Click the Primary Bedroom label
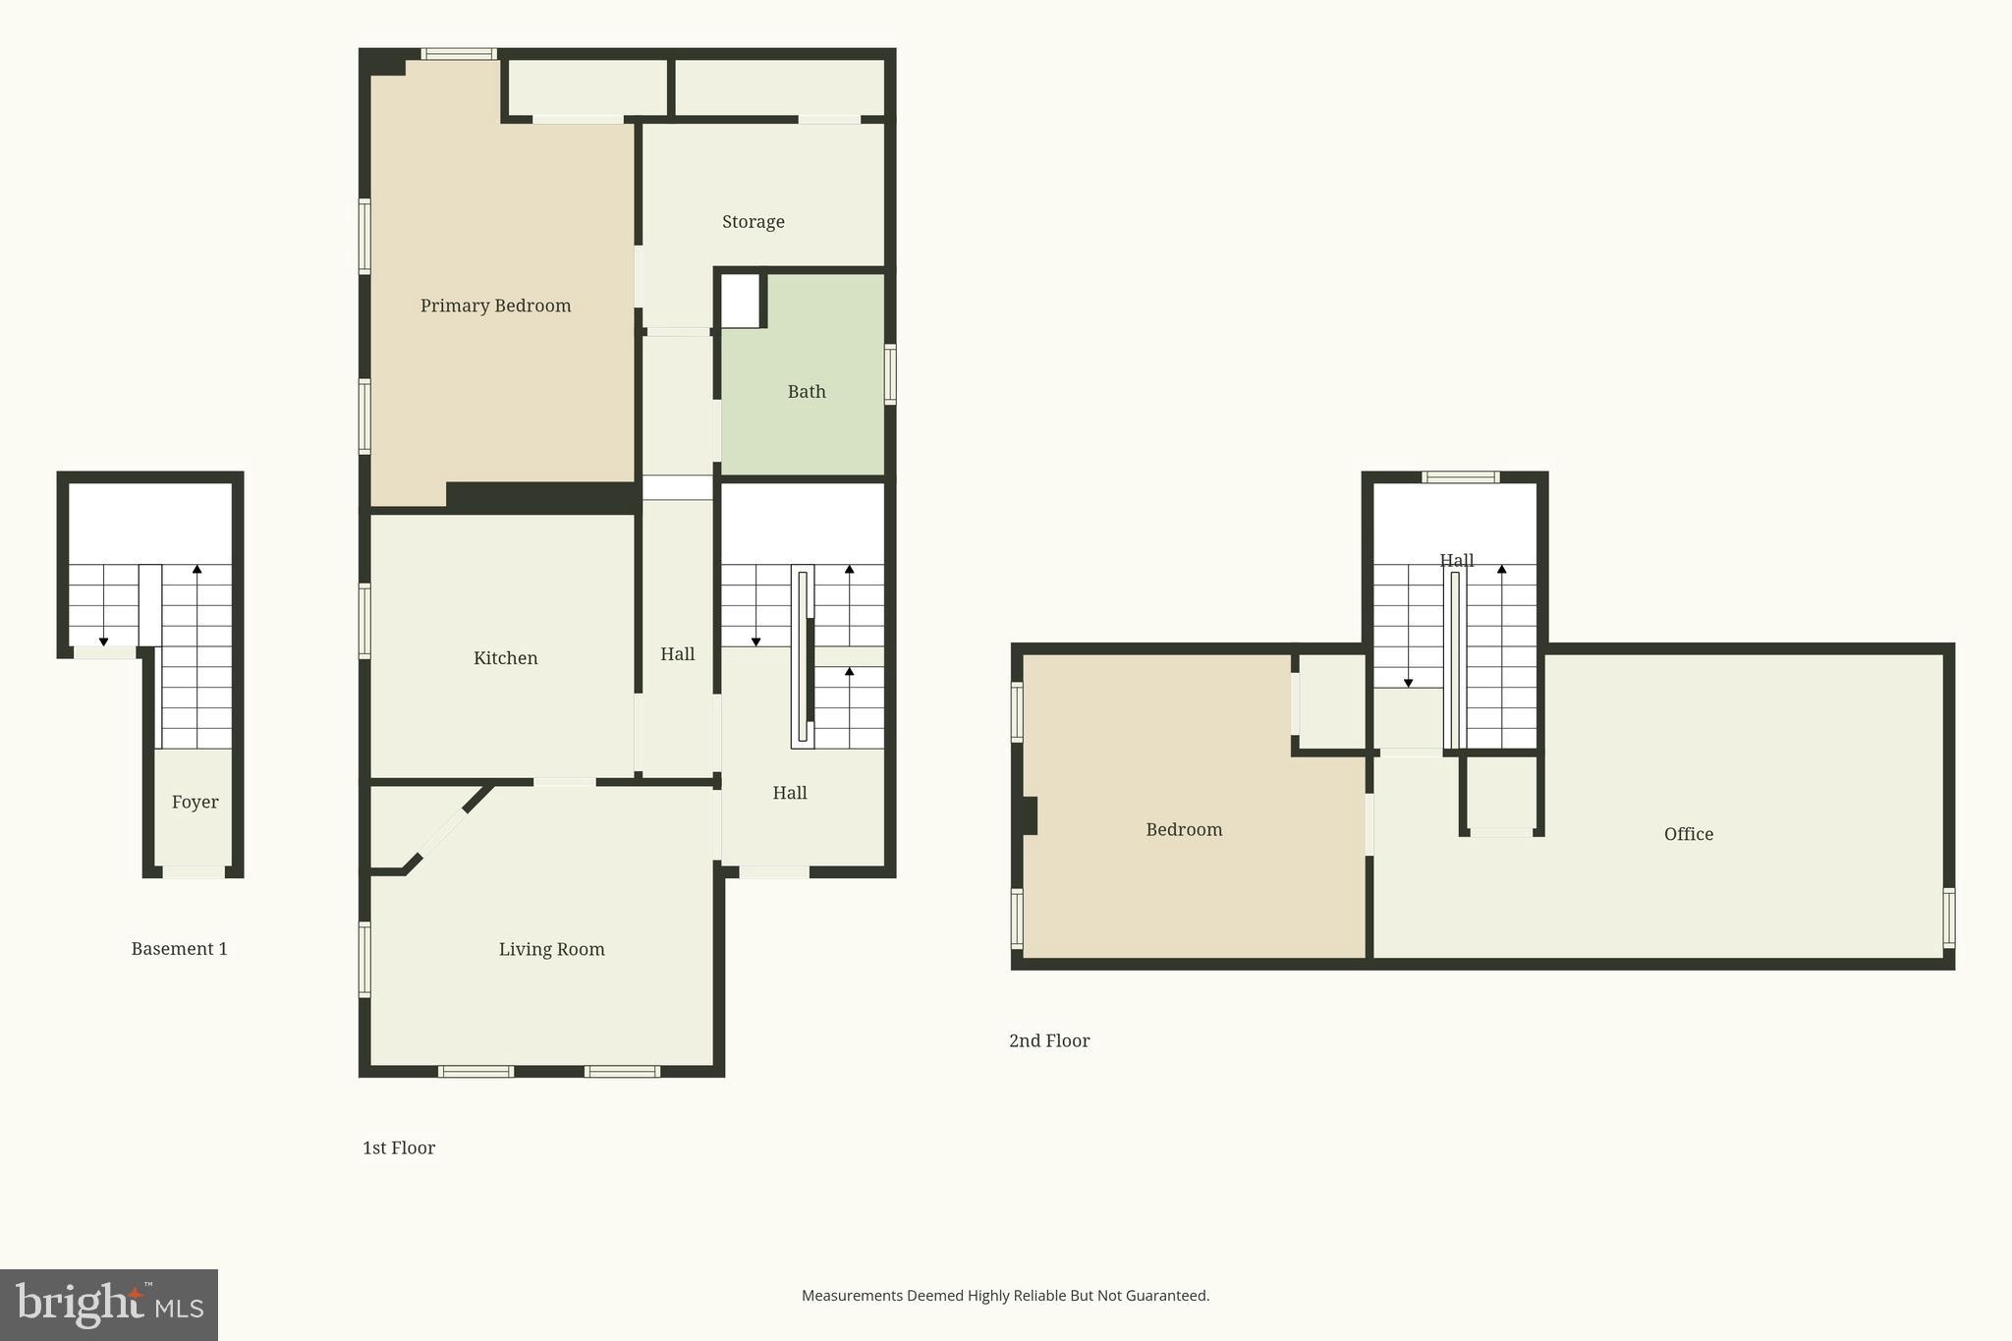pyautogui.click(x=495, y=306)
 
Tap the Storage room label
pyautogui.click(x=753, y=222)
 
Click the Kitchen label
pyautogui.click(x=505, y=658)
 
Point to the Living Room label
pyautogui.click(x=551, y=949)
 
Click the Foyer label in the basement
pyautogui.click(x=195, y=802)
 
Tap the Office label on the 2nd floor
pyautogui.click(x=1688, y=834)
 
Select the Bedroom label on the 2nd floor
pyautogui.click(x=1184, y=829)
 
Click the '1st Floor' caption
pyautogui.click(x=398, y=1147)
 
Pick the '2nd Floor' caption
pyautogui.click(x=1048, y=1040)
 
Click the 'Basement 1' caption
pyautogui.click(x=179, y=948)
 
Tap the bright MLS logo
pyautogui.click(x=109, y=1305)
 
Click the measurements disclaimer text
pyautogui.click(x=1005, y=1296)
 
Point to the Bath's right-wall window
pyautogui.click(x=890, y=373)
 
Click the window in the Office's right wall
pyautogui.click(x=1949, y=918)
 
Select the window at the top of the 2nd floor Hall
pyautogui.click(x=1460, y=477)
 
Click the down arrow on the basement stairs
pyautogui.click(x=103, y=641)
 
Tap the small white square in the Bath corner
pyautogui.click(x=740, y=301)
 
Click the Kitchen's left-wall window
pyautogui.click(x=364, y=620)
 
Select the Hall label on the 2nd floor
pyautogui.click(x=1456, y=561)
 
